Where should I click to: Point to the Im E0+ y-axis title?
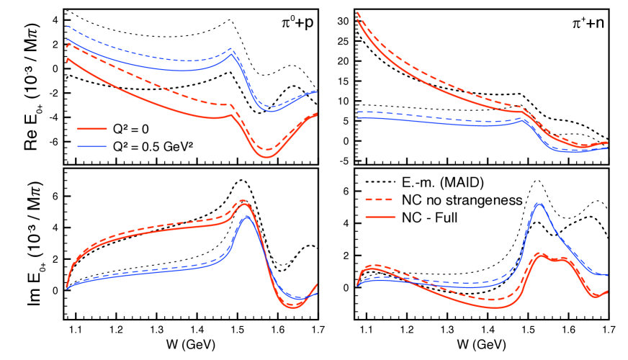click(x=22, y=245)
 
